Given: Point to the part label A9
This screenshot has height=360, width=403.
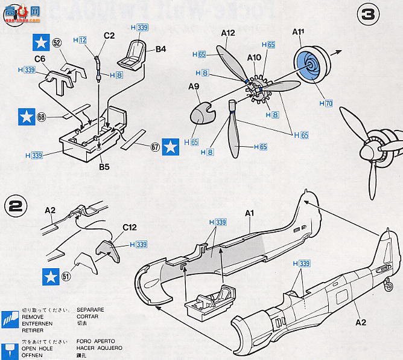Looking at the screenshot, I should [193, 87].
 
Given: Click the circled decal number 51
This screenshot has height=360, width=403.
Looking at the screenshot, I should [65, 277].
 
